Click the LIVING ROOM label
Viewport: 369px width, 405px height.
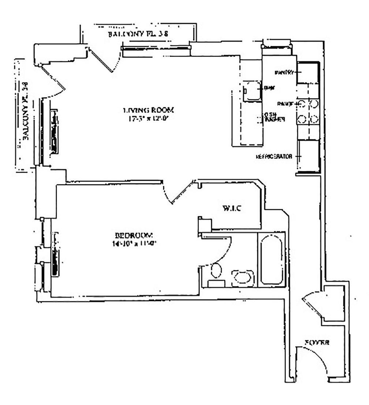pos(148,110)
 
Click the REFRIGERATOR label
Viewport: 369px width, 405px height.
pos(274,157)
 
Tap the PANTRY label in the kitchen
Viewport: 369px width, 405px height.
pos(284,72)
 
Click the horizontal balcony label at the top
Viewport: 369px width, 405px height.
pos(138,35)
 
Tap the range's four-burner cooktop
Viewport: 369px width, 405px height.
pos(308,111)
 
